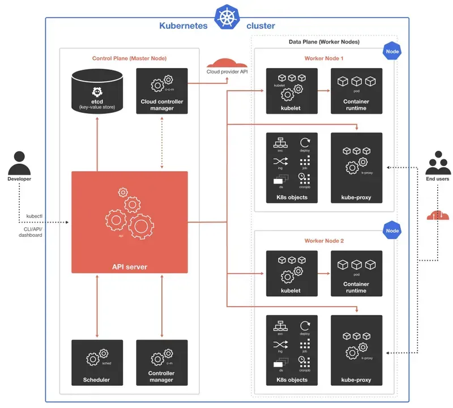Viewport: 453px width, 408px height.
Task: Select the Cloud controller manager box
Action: point(162,91)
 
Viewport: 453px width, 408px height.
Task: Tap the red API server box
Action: point(129,222)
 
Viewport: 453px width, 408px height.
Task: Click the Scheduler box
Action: point(97,362)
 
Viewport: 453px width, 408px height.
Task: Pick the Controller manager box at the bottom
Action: point(162,362)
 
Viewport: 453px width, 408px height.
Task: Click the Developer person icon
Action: point(19,163)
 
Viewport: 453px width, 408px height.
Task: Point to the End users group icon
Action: point(437,163)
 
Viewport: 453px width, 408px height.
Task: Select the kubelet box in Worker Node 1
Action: point(292,91)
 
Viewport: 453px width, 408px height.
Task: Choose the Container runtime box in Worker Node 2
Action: point(356,273)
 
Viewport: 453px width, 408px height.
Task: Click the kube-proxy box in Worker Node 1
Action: point(356,168)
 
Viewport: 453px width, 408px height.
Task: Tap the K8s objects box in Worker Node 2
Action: point(292,350)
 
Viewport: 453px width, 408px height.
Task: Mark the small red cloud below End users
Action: point(437,215)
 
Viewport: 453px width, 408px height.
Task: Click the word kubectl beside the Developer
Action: point(34,216)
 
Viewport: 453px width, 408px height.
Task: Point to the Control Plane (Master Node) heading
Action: point(129,58)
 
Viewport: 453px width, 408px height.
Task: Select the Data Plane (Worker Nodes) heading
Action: point(320,42)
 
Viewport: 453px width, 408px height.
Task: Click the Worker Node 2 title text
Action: point(323,241)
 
